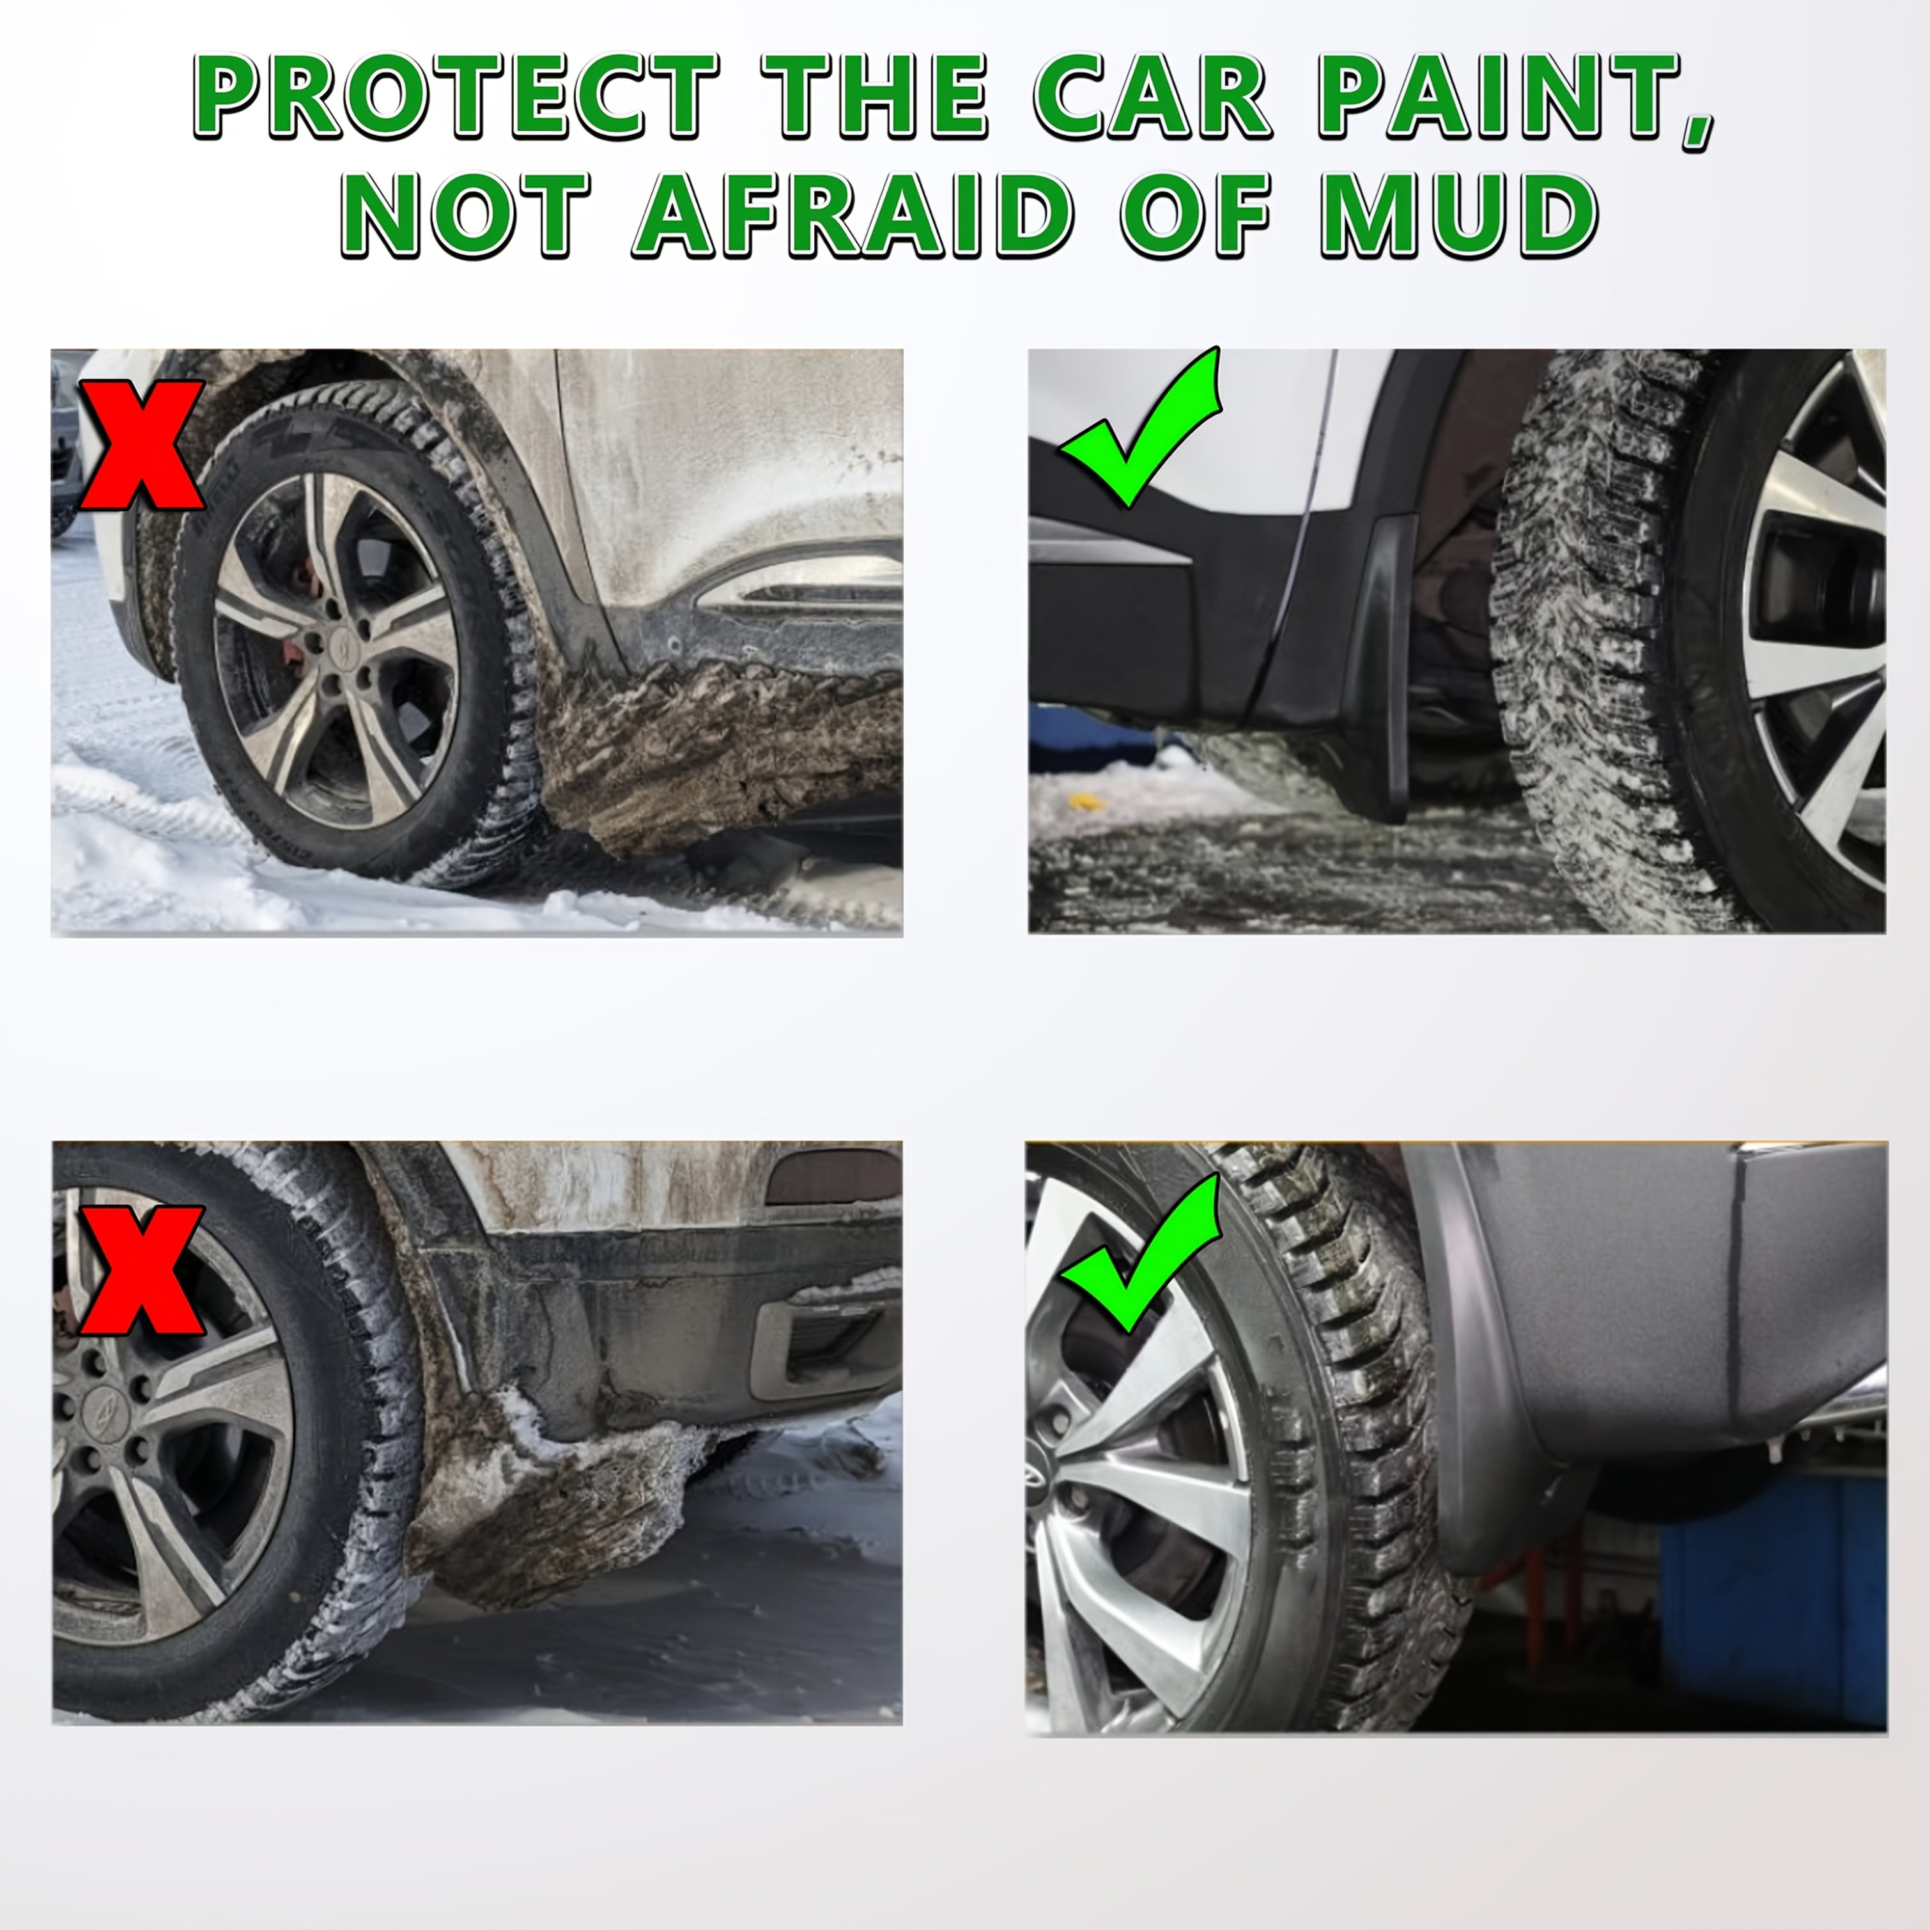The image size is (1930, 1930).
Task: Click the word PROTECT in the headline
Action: click(x=454, y=97)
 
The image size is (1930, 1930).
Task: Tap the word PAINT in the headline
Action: click(x=1513, y=97)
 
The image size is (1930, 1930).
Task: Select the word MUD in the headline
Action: click(x=1458, y=215)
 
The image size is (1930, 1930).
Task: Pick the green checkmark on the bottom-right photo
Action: click(x=1145, y=1254)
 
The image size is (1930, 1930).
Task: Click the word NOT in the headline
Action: click(x=465, y=215)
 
